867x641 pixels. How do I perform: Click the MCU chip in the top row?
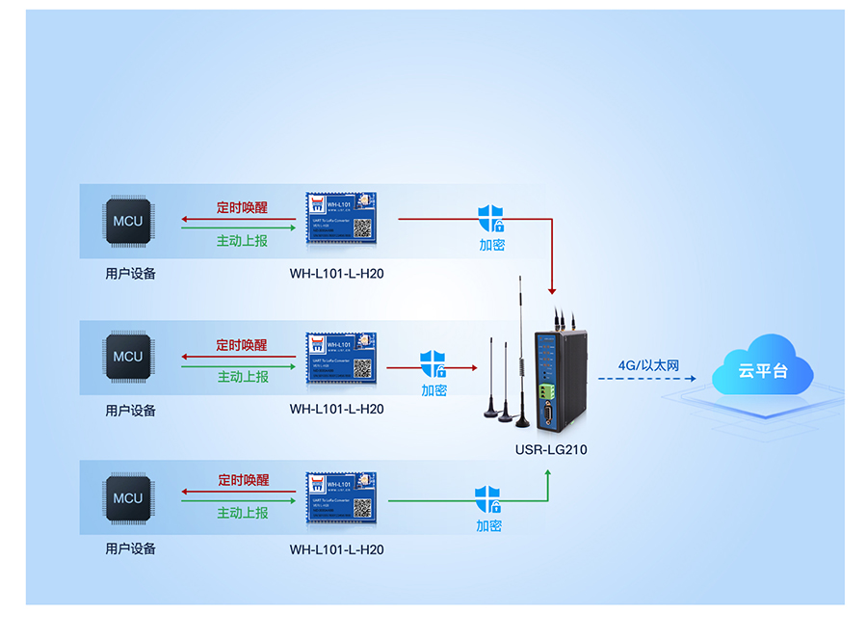127,221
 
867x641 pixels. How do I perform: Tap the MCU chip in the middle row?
127,356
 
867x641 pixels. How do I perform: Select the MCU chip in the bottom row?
127,498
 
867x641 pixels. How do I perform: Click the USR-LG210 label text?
550,449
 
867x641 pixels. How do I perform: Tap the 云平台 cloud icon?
762,368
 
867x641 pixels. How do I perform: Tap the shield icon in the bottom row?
488,500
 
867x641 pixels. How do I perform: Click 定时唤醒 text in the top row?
242,207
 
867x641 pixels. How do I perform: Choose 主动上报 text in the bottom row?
242,513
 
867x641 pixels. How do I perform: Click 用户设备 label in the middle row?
130,410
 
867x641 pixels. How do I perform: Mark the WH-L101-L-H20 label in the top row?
336,274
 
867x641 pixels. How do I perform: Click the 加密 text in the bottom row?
488,526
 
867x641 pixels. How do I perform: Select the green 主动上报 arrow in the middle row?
239,365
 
